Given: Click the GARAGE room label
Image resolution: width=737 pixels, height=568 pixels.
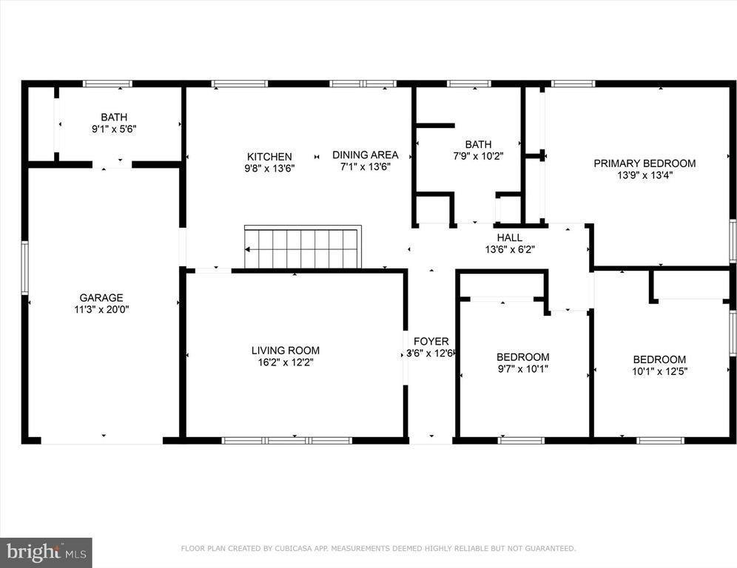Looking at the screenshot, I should (101, 298).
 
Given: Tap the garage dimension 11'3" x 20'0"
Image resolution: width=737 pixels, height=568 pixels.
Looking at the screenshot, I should (101, 310).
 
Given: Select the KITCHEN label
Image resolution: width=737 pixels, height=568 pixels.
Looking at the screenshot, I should (269, 156).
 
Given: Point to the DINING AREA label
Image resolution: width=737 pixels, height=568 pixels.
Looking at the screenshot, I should (365, 155).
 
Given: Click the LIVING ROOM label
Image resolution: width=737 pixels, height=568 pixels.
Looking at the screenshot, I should (286, 350).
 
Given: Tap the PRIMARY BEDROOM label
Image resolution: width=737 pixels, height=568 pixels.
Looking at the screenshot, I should (645, 163).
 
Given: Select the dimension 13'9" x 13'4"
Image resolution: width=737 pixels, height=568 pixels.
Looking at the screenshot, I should (645, 175).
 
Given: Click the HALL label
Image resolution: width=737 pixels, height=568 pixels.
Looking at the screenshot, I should (510, 237).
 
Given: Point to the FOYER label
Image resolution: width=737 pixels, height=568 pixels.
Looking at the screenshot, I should (431, 341).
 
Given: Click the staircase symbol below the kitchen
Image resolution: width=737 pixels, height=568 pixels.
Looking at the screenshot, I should (302, 248).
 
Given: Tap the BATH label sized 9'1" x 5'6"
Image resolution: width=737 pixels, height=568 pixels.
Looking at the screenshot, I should (114, 117).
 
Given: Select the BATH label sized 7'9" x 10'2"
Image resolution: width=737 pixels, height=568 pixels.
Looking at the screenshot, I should (478, 144).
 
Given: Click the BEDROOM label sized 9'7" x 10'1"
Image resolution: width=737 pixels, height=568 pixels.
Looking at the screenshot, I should (523, 356).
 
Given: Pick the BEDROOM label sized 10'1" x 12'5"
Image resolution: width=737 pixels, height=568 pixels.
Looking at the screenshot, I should (659, 359).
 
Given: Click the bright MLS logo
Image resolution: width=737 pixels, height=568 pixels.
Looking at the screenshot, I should (46, 552).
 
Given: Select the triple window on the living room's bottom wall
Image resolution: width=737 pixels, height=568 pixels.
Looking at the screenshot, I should (287, 440).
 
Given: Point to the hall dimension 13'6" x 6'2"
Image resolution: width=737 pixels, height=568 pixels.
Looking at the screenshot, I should (510, 249).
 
